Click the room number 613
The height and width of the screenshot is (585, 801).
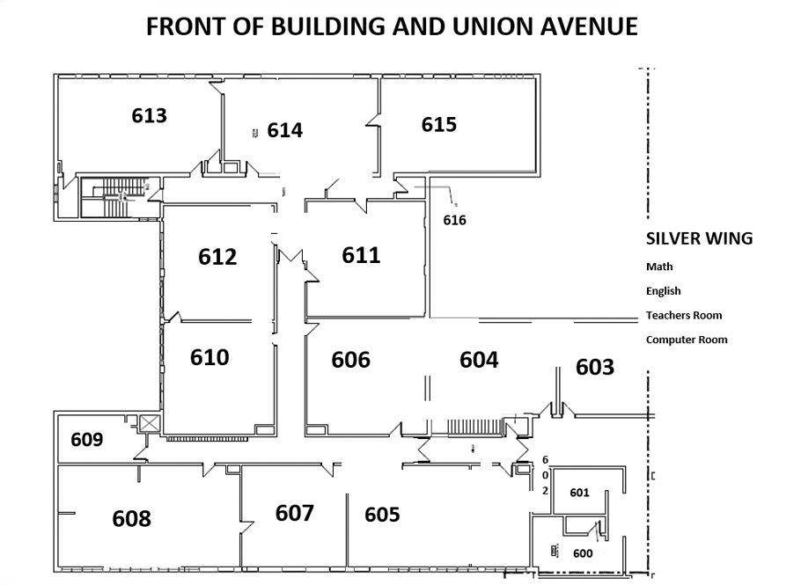[x=149, y=115]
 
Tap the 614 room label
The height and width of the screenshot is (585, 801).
[x=285, y=130]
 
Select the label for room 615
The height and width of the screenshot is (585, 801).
[x=439, y=124]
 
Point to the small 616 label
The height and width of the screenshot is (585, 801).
[x=455, y=220]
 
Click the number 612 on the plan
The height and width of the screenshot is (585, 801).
[x=217, y=257]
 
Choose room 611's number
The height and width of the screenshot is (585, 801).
[x=361, y=255]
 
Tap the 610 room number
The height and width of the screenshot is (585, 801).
[x=209, y=357]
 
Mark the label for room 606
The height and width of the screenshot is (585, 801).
[x=350, y=360]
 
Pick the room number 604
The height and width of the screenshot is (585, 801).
[x=479, y=360]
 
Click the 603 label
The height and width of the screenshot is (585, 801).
[x=595, y=367]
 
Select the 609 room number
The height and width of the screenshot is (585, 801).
[x=87, y=439]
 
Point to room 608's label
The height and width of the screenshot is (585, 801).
[x=132, y=519]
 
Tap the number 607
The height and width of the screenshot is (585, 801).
[x=294, y=513]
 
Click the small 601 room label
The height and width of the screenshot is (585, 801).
[x=579, y=493]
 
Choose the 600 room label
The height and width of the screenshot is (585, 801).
[x=583, y=553]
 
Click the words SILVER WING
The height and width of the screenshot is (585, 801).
[x=700, y=238]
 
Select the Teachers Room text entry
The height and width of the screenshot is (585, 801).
[x=684, y=315]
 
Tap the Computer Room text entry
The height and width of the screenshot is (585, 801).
[x=687, y=340]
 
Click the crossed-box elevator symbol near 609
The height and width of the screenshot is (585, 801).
[x=150, y=424]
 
